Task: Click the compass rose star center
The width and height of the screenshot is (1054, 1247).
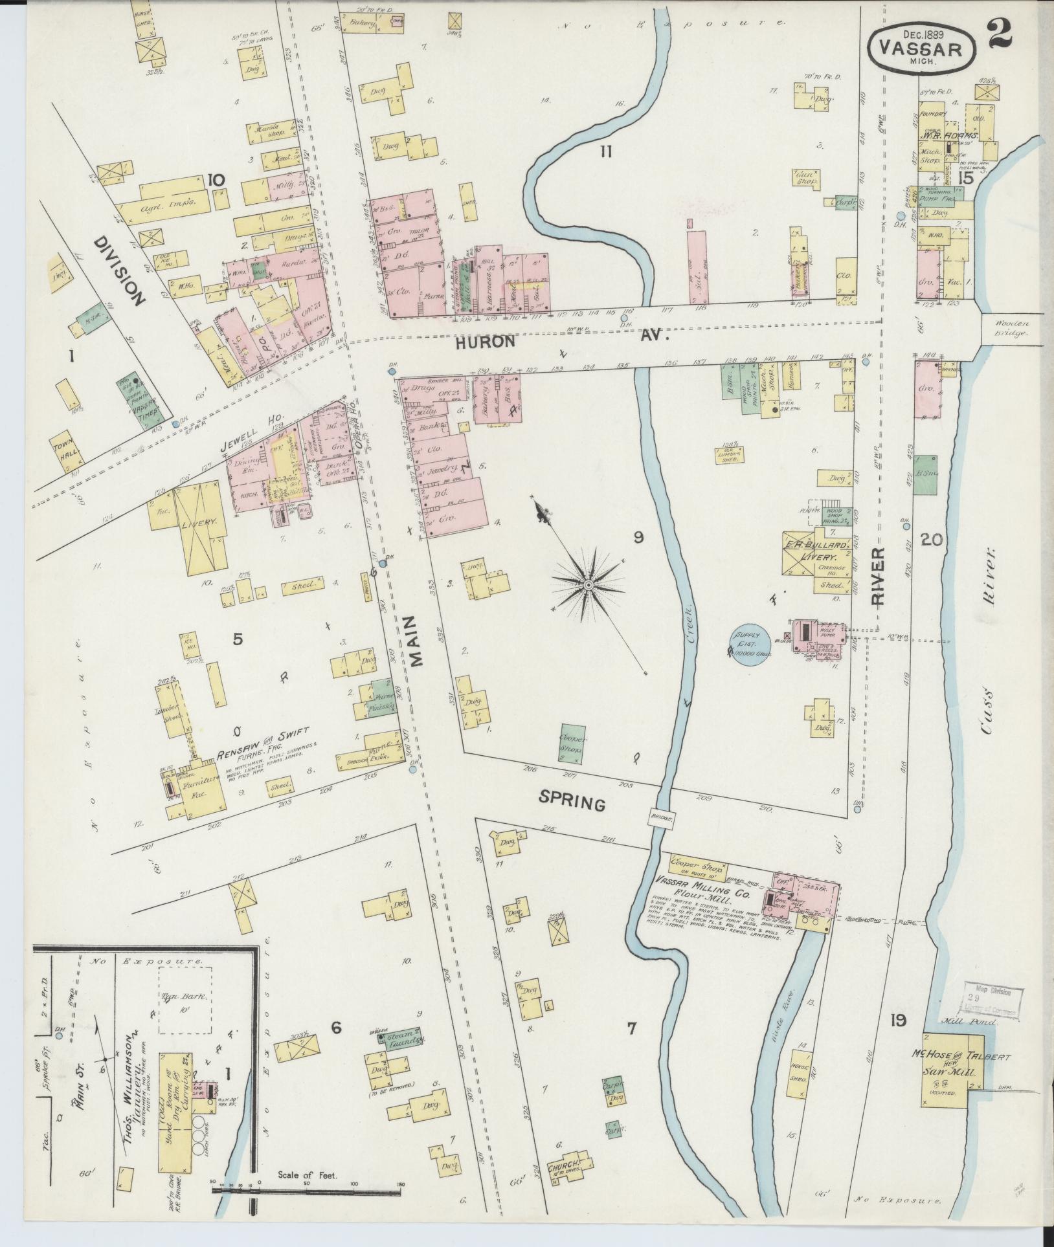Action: click(x=589, y=585)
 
